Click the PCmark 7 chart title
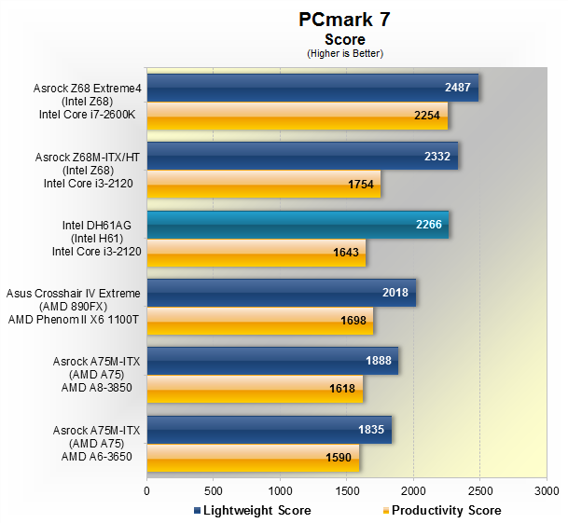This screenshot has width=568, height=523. (x=344, y=20)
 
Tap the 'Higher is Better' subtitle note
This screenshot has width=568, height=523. (x=345, y=53)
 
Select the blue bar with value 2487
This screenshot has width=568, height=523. (x=312, y=88)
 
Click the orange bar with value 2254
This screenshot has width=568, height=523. (x=297, y=116)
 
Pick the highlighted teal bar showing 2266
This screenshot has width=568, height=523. (x=298, y=224)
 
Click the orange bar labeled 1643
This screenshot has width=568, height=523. (x=256, y=252)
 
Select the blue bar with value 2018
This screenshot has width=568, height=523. (x=281, y=293)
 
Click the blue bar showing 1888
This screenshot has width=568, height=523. (x=272, y=361)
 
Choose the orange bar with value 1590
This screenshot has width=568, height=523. (x=253, y=457)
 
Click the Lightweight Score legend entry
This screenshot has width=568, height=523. (x=252, y=510)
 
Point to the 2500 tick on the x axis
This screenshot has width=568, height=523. (x=479, y=489)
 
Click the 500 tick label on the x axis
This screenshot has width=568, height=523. (x=213, y=489)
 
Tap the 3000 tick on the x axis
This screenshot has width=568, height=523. (x=546, y=489)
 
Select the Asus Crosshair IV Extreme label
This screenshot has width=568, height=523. (x=74, y=294)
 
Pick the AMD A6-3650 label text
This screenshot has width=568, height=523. (x=97, y=457)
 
